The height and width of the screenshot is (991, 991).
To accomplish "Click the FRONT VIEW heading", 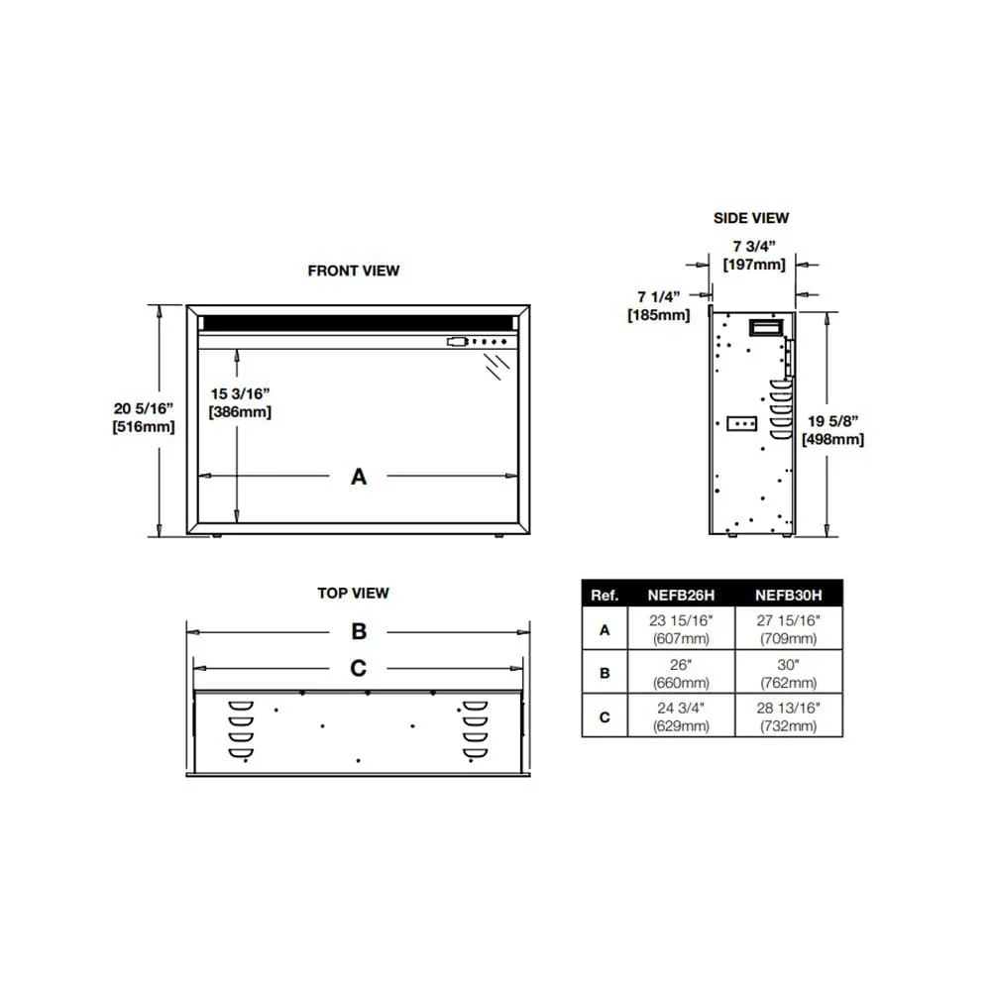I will click(x=354, y=271).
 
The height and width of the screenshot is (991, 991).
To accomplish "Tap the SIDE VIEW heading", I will click(x=751, y=218).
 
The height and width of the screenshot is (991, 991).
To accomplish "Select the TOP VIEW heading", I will click(x=354, y=594).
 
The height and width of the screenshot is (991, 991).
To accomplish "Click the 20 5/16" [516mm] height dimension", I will click(x=144, y=417).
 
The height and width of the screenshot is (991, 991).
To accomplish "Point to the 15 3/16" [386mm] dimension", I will click(x=240, y=402).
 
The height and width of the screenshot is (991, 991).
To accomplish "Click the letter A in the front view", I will click(x=359, y=477).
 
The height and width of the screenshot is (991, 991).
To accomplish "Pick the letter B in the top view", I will click(x=359, y=631).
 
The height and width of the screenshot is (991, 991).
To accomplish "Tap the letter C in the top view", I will click(x=359, y=668).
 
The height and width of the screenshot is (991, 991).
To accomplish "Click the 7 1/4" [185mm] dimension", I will click(x=658, y=306).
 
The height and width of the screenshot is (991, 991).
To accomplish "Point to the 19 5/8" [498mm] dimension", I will click(x=832, y=430).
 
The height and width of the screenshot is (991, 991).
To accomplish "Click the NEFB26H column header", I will click(x=681, y=595).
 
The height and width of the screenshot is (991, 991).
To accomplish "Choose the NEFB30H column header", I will click(x=789, y=595).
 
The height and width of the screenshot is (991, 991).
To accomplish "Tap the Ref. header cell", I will click(x=605, y=595).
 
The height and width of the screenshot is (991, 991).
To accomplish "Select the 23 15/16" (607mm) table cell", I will click(x=681, y=628).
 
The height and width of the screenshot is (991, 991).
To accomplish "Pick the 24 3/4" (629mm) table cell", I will click(x=681, y=717).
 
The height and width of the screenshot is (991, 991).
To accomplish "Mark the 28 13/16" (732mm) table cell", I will click(x=789, y=717).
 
